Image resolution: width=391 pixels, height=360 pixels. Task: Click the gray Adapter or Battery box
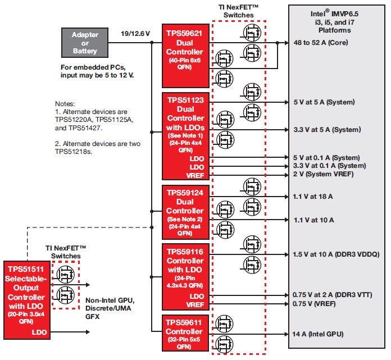coord(84,43)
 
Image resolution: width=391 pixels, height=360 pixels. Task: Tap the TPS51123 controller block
coord(184,135)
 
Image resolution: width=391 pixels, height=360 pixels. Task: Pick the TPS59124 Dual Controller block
coord(184,211)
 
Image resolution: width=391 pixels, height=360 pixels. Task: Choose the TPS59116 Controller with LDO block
coord(184,276)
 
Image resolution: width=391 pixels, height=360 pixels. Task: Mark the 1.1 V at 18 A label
coord(313,196)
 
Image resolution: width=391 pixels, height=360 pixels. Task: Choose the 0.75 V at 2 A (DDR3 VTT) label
coord(332,295)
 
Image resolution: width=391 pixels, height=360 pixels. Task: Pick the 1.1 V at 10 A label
coord(313,220)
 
